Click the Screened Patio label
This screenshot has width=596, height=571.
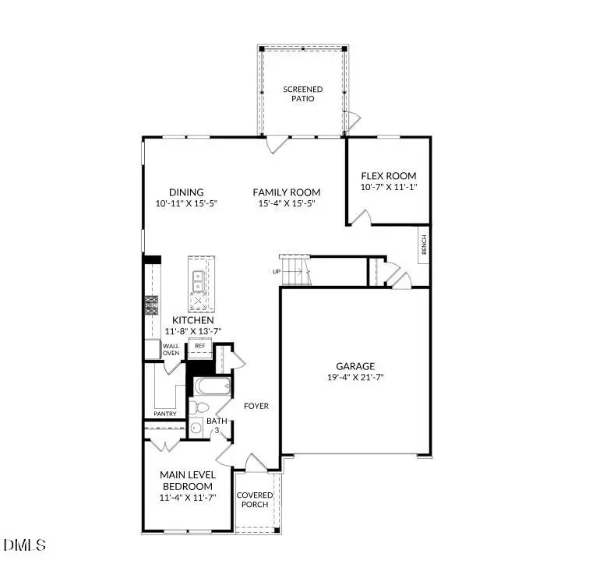click(302, 94)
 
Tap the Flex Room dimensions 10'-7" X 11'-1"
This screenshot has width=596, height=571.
click(388, 188)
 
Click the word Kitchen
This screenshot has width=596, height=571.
click(193, 320)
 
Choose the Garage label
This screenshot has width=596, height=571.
click(355, 366)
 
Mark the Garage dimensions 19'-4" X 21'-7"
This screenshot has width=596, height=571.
click(355, 377)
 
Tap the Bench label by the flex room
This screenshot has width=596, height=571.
click(425, 245)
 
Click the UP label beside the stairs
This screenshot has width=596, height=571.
click(276, 272)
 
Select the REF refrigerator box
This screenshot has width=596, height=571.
click(200, 347)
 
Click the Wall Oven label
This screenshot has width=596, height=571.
click(171, 349)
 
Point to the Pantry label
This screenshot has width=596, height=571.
click(164, 414)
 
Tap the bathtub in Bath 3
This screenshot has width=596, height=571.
click(211, 386)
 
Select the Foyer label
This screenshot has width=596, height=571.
click(256, 406)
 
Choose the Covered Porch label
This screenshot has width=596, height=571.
click(255, 499)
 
